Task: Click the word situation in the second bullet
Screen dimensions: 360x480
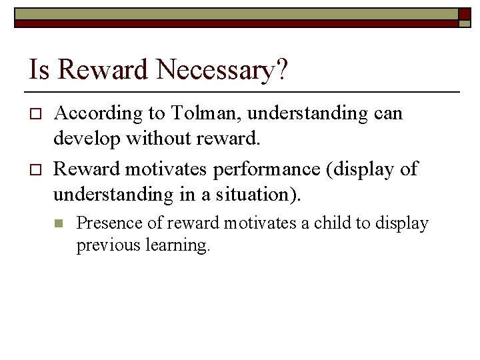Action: (x=261, y=195)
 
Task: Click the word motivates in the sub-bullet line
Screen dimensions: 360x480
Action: (x=257, y=223)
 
